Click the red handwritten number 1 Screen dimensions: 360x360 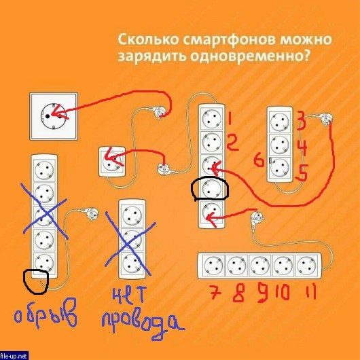[230, 119]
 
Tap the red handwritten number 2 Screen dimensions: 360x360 [232, 143]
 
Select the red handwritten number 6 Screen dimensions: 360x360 [259, 160]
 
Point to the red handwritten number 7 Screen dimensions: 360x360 [215, 293]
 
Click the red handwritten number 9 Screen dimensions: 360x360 [263, 292]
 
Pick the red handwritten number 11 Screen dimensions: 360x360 [311, 292]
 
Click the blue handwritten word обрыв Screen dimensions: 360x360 [46, 313]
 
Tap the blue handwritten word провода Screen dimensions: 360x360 [142, 325]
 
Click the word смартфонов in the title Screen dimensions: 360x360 [229, 39]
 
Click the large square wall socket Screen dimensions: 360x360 [54, 116]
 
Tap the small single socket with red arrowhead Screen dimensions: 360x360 [112, 162]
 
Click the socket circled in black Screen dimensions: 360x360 [211, 188]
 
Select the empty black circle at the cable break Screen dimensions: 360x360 [36, 282]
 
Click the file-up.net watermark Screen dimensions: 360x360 [14, 356]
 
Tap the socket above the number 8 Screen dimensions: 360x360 [236, 266]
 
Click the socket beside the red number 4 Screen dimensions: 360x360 [280, 145]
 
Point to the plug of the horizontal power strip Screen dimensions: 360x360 [257, 217]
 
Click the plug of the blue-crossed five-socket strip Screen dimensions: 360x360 [92, 214]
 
